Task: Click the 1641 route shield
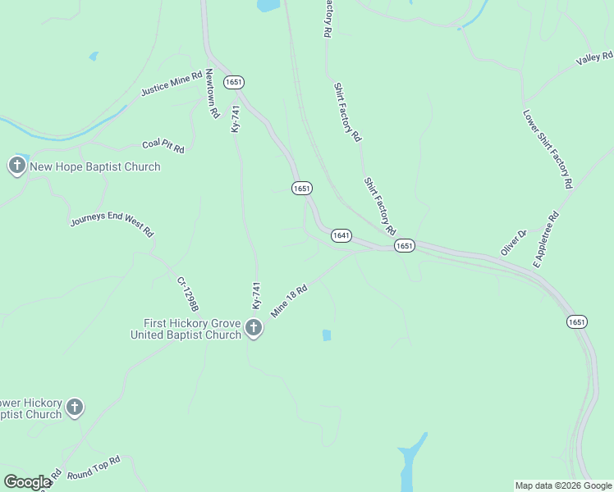(341, 235)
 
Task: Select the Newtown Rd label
(212, 93)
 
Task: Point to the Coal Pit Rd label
(163, 145)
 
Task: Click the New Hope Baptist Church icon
(16, 166)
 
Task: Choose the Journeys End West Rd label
(112, 221)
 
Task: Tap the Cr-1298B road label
(188, 294)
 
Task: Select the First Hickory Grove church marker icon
(254, 329)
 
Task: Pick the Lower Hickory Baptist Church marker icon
(75, 408)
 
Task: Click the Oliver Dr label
(513, 243)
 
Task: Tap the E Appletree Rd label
(546, 239)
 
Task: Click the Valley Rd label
(594, 58)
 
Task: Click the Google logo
(27, 482)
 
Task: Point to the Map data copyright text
(562, 485)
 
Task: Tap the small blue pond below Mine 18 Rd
(327, 335)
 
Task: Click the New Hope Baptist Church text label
(95, 166)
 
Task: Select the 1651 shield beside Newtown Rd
(234, 82)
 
